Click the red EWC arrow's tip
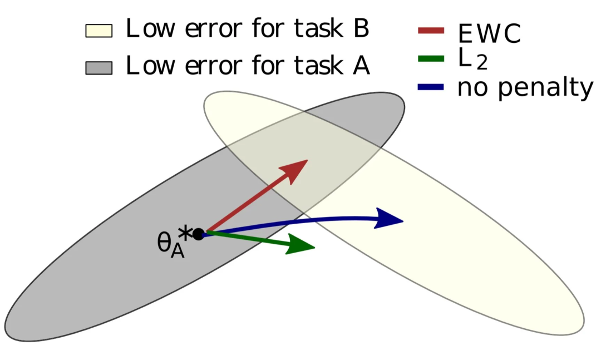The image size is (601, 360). (306, 161)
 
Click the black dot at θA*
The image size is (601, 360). (198, 234)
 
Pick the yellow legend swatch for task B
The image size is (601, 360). (98, 31)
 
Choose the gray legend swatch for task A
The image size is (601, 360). (98, 67)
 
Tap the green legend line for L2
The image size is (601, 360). (430, 58)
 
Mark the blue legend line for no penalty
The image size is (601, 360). (430, 87)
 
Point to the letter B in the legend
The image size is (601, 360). (361, 29)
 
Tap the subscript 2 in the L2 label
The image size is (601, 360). (481, 64)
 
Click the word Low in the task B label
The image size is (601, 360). (146, 29)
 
